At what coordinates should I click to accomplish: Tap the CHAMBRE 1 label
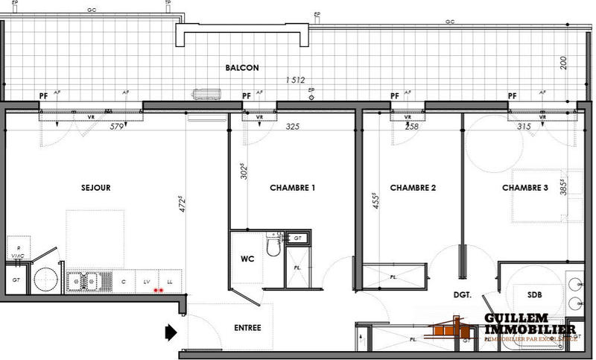click(x=293, y=188)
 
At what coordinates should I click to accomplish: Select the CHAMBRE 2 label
click(x=412, y=188)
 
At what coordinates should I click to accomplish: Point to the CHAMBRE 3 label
click(x=524, y=188)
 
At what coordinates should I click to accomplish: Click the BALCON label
click(x=242, y=68)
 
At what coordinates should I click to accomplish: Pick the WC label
click(x=249, y=260)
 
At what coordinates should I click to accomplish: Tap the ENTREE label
click(x=247, y=327)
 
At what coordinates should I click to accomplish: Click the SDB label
click(x=534, y=294)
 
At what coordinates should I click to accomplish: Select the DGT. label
click(x=463, y=295)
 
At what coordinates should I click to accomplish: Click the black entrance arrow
click(x=170, y=329)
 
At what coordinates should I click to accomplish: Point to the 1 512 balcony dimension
click(x=295, y=80)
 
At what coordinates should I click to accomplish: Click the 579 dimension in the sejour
click(x=116, y=126)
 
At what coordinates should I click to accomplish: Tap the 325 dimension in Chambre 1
click(x=292, y=127)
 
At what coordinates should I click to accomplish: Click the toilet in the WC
click(x=272, y=247)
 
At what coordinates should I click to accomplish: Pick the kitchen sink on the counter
click(x=84, y=282)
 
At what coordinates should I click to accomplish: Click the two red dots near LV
click(x=157, y=290)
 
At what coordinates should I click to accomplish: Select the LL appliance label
click(x=170, y=282)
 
